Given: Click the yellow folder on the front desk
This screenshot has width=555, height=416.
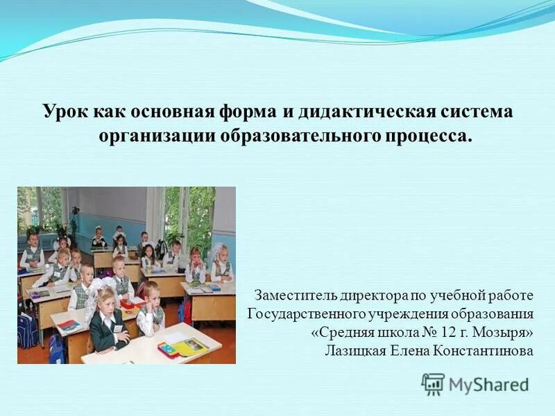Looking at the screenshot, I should point(189,347).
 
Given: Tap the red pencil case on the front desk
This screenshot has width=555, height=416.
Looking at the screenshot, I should point(167,350).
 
